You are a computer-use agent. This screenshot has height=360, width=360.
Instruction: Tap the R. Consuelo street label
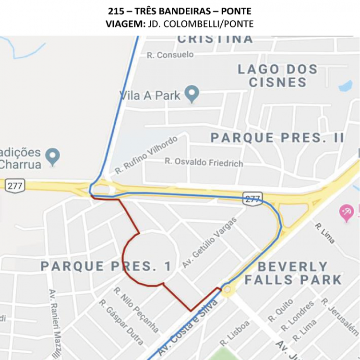[x=170, y=55]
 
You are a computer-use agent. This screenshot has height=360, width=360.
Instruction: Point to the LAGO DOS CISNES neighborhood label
[x=278, y=75]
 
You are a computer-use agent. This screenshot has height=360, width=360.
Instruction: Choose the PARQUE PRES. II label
[x=277, y=138]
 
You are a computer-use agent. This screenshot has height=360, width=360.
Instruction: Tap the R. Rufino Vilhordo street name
[x=146, y=155]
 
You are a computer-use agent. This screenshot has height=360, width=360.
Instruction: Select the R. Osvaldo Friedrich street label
[x=204, y=162]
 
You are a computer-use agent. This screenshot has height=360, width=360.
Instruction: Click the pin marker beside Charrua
[x=52, y=156]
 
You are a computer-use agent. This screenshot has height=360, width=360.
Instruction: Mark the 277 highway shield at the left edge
[x=15, y=186]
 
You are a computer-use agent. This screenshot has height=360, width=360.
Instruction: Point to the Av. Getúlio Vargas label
[x=209, y=242]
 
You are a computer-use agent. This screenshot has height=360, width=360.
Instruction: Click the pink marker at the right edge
[x=347, y=212]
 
